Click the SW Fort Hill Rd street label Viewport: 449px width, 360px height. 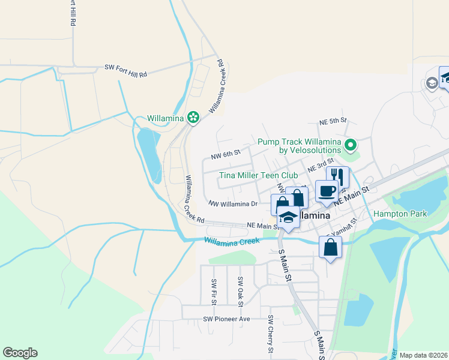(125, 71)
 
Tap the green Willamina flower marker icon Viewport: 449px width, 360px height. (193, 118)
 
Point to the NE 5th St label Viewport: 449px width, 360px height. (333, 121)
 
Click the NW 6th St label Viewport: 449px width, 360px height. (225, 155)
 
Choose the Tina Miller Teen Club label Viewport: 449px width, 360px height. (259, 175)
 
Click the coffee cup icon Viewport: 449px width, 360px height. (327, 191)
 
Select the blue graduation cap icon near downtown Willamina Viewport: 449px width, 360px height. (288, 217)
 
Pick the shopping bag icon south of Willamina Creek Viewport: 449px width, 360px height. (330, 247)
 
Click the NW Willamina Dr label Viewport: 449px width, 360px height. (233, 204)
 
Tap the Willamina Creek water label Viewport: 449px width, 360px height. (232, 241)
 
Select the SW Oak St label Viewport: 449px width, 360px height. (240, 291)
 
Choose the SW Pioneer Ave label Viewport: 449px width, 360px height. (226, 319)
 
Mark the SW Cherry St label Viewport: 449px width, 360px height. (271, 334)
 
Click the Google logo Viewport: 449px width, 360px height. (20, 353)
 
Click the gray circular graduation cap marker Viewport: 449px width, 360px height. (431, 83)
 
